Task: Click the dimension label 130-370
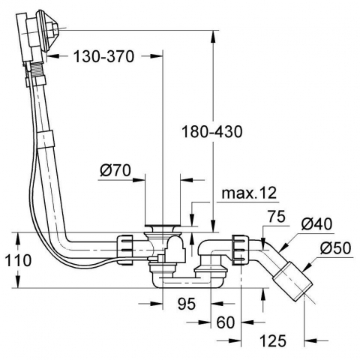(x=104, y=56)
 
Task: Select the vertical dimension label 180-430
(x=212, y=131)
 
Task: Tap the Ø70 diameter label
(x=115, y=171)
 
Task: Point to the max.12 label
(x=249, y=193)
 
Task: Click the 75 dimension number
(x=276, y=216)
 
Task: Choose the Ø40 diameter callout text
(x=316, y=223)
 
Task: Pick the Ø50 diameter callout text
(x=335, y=248)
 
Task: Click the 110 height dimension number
(x=18, y=260)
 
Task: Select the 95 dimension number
(x=187, y=304)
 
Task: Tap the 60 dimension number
(x=226, y=322)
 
